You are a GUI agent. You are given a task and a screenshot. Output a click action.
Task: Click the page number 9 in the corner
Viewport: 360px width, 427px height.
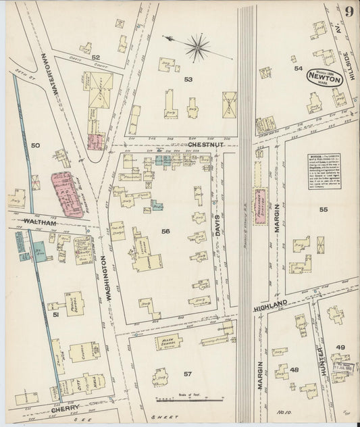tap(348, 11)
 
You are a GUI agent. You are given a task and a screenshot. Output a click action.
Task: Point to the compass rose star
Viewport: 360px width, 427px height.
tap(198, 46)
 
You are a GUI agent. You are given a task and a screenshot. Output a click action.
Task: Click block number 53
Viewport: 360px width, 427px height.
tap(188, 79)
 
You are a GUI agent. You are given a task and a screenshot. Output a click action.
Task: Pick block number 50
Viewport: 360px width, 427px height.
tap(36, 145)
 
